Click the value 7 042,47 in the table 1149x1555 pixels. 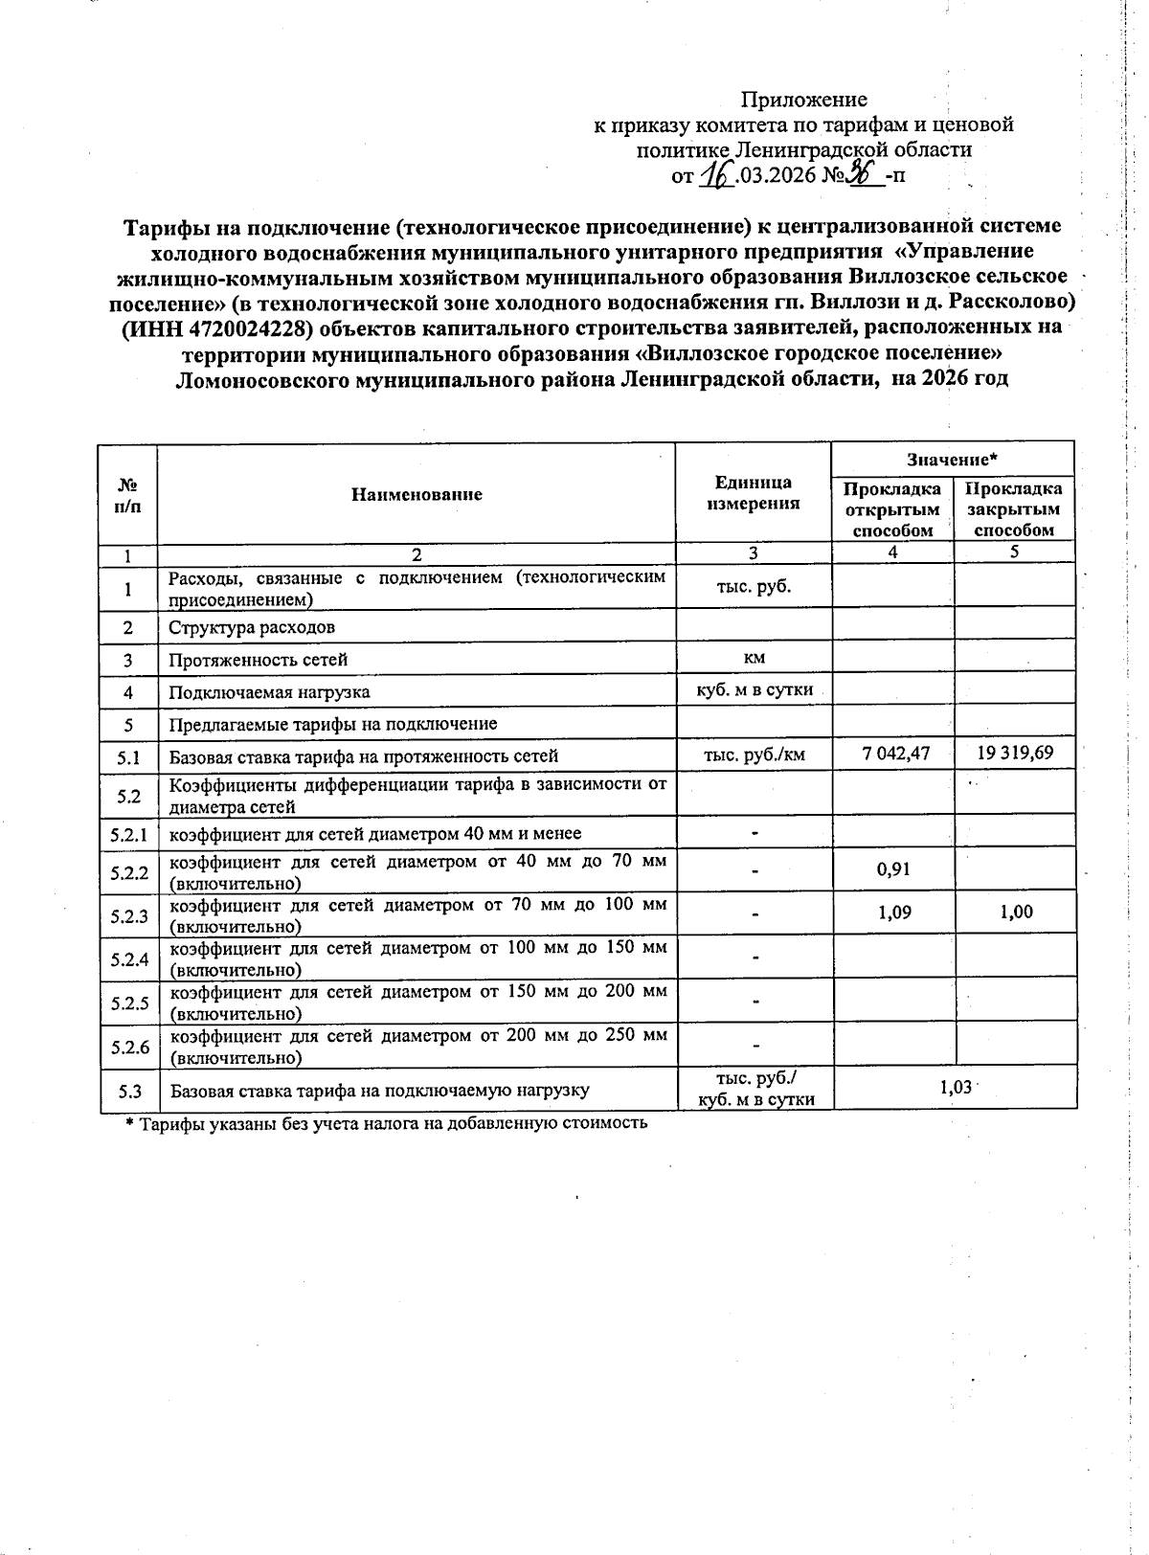click(x=894, y=753)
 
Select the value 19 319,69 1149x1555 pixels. click(x=1015, y=753)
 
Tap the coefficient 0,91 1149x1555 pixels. click(x=893, y=869)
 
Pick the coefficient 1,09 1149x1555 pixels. click(x=894, y=913)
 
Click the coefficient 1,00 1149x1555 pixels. click(x=1016, y=913)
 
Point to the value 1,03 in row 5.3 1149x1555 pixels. click(x=955, y=1088)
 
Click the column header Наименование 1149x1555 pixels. click(x=417, y=494)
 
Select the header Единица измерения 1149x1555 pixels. click(x=753, y=493)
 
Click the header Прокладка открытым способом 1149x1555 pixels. click(x=892, y=509)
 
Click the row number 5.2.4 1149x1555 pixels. click(x=129, y=959)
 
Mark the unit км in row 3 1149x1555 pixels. click(x=754, y=657)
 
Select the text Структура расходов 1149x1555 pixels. click(x=252, y=628)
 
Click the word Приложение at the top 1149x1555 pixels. click(x=804, y=100)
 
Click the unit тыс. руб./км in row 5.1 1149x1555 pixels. click(x=754, y=754)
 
